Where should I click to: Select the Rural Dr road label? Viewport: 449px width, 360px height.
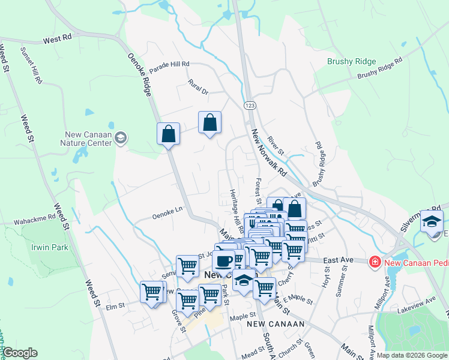pos(197,87)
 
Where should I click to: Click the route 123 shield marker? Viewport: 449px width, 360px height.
pos(250,105)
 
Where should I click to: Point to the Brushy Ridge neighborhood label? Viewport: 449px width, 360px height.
pos(351,61)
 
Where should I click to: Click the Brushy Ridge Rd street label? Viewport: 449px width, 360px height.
pos(379,68)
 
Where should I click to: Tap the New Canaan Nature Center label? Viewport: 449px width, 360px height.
pos(86,139)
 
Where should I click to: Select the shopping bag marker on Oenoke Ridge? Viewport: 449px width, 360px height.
pos(169,134)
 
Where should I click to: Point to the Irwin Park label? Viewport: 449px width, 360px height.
pos(50,247)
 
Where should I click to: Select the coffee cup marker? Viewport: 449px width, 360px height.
pos(224,260)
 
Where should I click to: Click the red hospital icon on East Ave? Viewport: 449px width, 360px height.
pos(375,262)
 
